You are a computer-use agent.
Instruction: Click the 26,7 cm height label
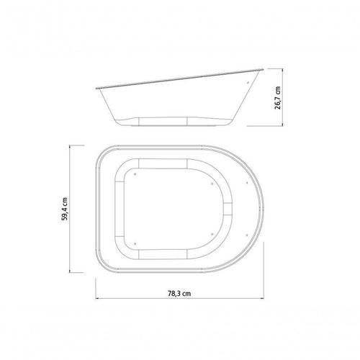point(277,98)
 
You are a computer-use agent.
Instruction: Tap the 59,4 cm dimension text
point(64,209)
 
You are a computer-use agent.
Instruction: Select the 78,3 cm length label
point(179,293)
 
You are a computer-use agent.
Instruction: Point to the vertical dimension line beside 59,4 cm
point(70,209)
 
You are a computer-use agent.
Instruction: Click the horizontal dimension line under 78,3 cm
point(180,299)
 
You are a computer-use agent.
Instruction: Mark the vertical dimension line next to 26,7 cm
point(283,97)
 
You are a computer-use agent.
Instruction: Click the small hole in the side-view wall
point(248,83)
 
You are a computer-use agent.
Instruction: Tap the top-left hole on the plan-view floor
point(135,174)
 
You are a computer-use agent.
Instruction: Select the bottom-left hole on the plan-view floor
point(135,243)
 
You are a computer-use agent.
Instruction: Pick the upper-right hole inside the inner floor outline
point(212,184)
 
